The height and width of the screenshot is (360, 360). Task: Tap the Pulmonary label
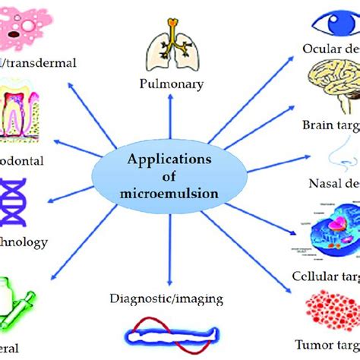(x=172, y=84)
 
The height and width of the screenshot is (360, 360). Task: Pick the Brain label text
(x=331, y=125)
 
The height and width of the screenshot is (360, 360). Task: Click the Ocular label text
(x=325, y=49)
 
